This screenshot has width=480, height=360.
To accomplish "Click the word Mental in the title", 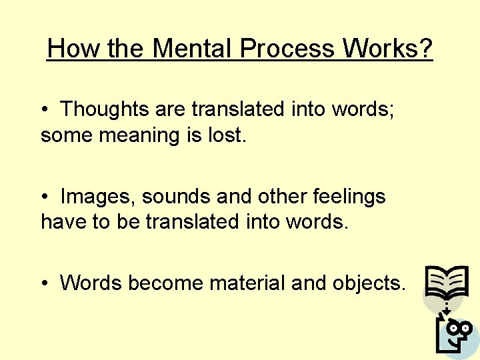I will click(x=192, y=48).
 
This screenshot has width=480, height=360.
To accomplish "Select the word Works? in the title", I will click(x=388, y=48).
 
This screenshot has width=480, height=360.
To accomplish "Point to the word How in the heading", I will click(x=69, y=48).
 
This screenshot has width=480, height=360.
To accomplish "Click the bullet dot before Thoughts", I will click(x=44, y=109).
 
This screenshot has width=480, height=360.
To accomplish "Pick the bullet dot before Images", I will click(x=44, y=197).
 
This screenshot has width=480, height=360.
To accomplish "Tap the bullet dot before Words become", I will click(x=44, y=284).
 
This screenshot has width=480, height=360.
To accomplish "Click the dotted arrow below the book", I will click(x=448, y=307).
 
